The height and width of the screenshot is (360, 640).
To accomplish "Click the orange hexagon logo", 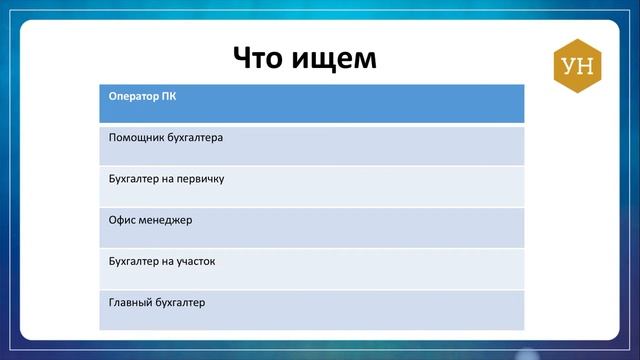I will tap(577, 67).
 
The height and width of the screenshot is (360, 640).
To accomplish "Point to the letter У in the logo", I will tap(569, 67).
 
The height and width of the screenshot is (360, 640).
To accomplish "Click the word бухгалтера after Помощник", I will tap(193, 138).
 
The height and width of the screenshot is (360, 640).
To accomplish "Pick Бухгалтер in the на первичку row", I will tap(133, 179).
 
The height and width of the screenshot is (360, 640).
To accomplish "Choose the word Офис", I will tap(122, 220).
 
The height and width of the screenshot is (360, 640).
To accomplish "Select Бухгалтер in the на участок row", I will tap(133, 261).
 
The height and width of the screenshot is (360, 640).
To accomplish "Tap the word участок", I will tap(197, 261).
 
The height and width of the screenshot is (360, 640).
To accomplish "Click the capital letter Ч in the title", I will tap(243, 58).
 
